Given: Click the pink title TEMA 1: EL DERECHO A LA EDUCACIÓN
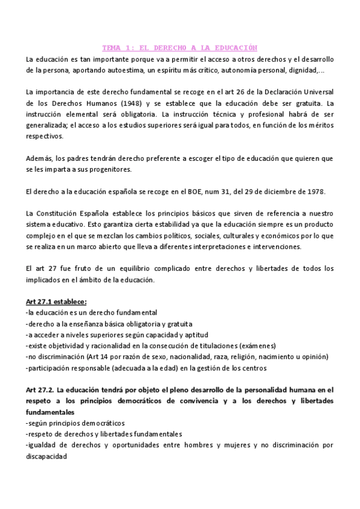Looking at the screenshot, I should point(179,47).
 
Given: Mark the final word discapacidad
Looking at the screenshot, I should point(47,455).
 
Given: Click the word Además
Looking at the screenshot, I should point(40,158).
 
